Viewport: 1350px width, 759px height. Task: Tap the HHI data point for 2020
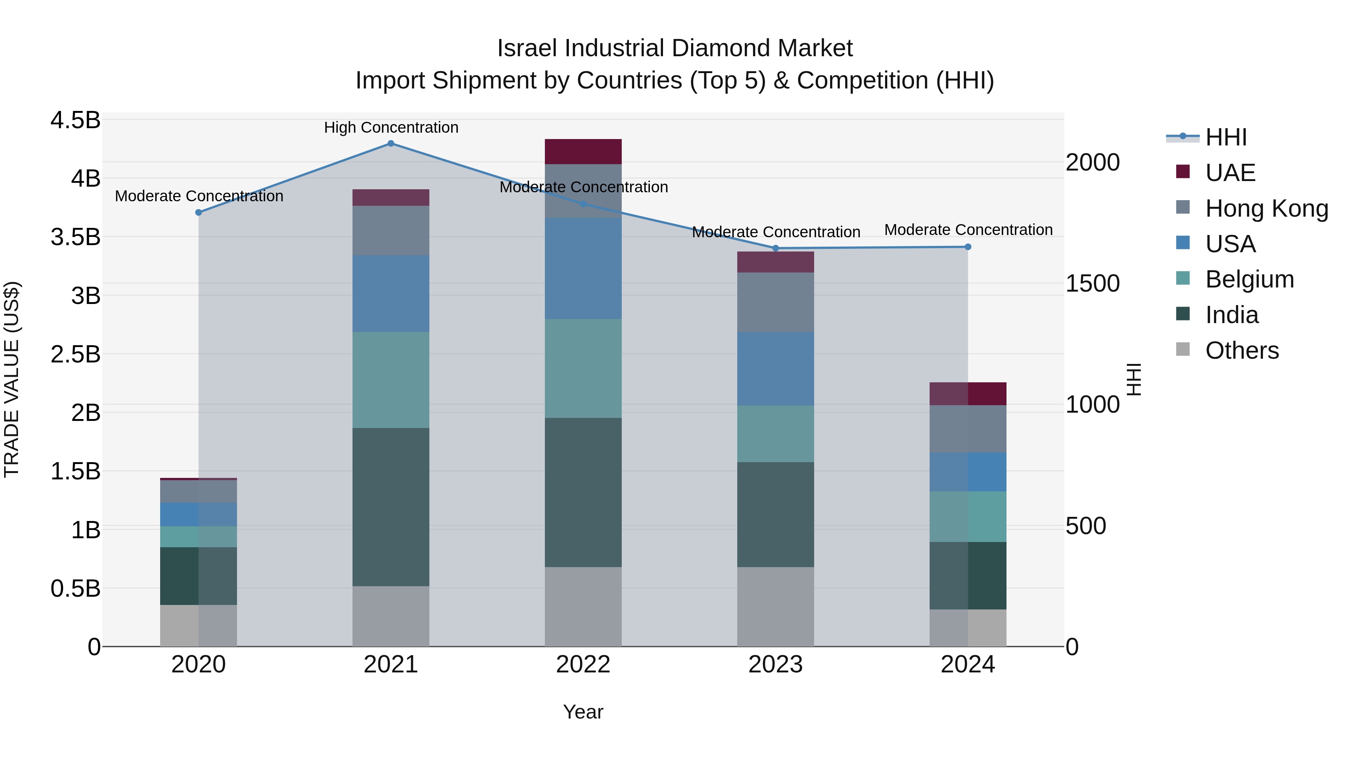point(199,213)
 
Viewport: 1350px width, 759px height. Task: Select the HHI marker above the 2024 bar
point(967,247)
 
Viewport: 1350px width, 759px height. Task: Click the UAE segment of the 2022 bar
point(583,152)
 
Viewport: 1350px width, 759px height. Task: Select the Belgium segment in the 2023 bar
point(775,434)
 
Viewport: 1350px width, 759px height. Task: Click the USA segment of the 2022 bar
point(583,268)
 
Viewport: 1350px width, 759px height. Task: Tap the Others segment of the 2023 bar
point(775,606)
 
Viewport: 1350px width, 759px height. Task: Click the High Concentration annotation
point(391,128)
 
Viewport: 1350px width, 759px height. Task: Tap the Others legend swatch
point(1183,349)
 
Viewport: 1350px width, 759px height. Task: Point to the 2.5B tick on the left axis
point(75,355)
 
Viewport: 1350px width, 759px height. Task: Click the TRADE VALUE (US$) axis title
point(12,380)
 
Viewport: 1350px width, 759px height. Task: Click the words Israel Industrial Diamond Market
point(675,48)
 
